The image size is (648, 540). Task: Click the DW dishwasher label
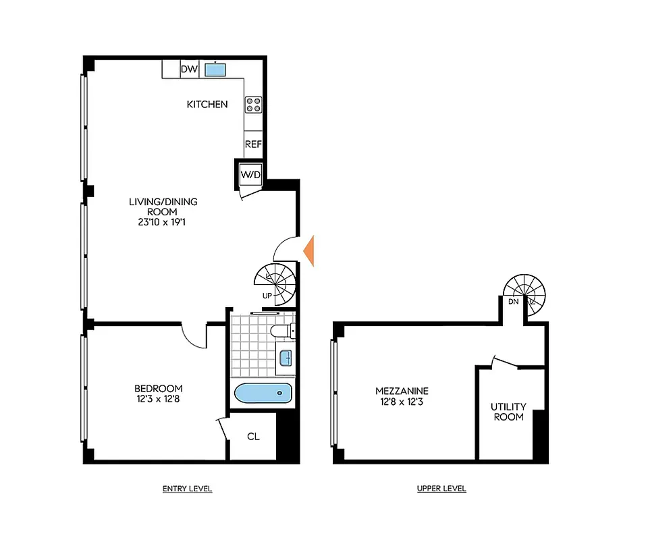coord(188,69)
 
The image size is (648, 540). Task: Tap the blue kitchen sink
coord(216,69)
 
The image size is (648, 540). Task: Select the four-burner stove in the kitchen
coord(253,104)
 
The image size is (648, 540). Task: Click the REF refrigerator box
coord(253,144)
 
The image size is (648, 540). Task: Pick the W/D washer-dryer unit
coord(250,175)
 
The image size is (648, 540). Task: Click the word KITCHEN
coord(207,104)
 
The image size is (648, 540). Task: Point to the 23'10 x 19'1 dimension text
coord(163,220)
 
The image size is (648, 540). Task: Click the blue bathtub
coord(263,394)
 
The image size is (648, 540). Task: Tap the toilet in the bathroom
coord(282,331)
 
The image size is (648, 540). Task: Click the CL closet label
coord(253,436)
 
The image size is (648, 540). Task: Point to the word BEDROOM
coord(158,388)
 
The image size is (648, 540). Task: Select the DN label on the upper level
coord(513,302)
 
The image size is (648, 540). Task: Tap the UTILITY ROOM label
coord(508,412)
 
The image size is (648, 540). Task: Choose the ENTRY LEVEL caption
coord(188,489)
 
